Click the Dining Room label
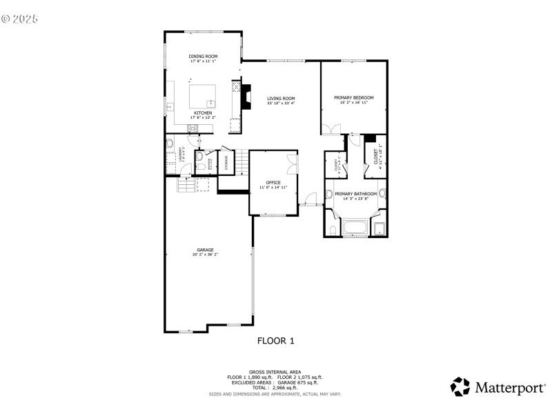pos(203,56)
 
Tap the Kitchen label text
pos(203,112)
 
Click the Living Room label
pos(281,99)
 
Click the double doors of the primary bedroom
pos(331,129)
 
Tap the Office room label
pos(273,183)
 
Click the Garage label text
pos(205,250)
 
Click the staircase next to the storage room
pos(241,163)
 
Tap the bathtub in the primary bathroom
pos(355,228)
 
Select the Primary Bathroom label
pos(355,195)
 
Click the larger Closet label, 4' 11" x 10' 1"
pos(376,157)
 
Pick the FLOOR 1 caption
pos(275,340)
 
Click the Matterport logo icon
pos(460,386)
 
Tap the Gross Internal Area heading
pos(275,372)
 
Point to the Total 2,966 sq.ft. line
pos(275,387)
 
